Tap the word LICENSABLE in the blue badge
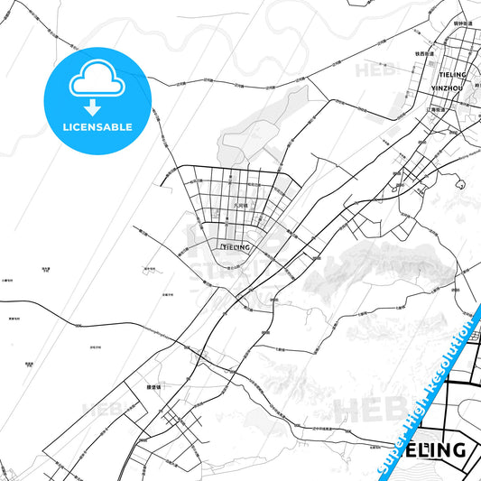(95, 127)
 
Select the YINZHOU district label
(448, 89)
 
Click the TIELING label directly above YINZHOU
(449, 74)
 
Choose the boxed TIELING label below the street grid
(235, 245)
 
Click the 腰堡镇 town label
(153, 386)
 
